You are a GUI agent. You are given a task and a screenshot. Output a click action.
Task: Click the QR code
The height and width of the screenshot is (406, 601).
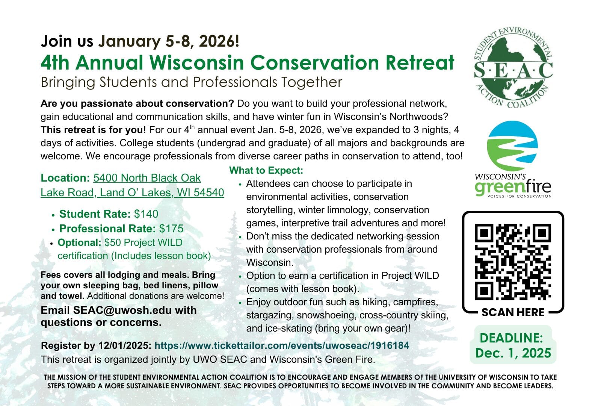(513, 262)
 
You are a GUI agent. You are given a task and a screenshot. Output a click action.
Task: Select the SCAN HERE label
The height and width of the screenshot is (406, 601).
(513, 312)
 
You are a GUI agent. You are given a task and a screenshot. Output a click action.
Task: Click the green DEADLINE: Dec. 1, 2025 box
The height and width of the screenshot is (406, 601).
(513, 345)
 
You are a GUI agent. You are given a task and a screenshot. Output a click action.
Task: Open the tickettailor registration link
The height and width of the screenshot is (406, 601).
(282, 345)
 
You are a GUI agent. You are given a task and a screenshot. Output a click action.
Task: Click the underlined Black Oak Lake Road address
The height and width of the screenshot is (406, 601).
(132, 185)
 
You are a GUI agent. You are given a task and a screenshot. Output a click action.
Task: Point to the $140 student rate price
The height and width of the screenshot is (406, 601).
(146, 214)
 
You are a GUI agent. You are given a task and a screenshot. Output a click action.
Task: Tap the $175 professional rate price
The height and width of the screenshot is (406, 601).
(171, 229)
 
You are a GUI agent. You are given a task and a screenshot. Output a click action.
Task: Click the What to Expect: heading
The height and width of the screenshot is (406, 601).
(266, 170)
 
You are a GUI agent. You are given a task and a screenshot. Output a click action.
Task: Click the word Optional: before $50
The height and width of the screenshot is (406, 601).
(79, 242)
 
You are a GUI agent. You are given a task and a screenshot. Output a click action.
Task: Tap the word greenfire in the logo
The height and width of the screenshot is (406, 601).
(513, 186)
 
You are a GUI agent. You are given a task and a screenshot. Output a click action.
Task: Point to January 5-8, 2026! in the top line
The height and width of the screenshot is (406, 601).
(169, 41)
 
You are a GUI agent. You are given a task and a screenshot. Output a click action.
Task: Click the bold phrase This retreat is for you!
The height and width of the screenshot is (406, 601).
(93, 130)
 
